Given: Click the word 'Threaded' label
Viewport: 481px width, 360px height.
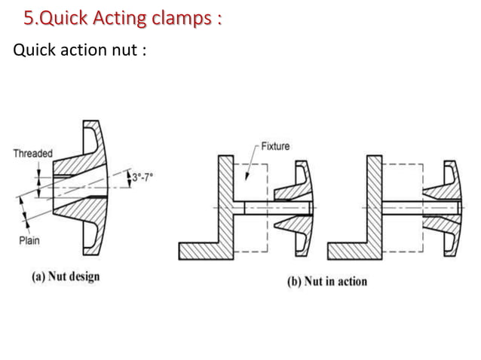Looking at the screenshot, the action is click(x=32, y=154).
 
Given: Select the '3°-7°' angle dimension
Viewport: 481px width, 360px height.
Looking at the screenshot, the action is click(x=144, y=176).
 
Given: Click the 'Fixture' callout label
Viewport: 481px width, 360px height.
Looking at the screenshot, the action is click(x=275, y=146).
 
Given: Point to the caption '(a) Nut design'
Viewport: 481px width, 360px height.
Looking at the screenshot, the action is click(x=65, y=276).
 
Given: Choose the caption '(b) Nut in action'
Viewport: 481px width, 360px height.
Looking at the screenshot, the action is click(x=326, y=282).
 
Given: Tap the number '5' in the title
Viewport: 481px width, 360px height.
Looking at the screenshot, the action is click(x=29, y=17).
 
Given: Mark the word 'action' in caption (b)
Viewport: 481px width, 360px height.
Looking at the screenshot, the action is click(x=349, y=282).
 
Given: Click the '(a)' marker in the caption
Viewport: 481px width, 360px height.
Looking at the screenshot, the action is click(x=38, y=276).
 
